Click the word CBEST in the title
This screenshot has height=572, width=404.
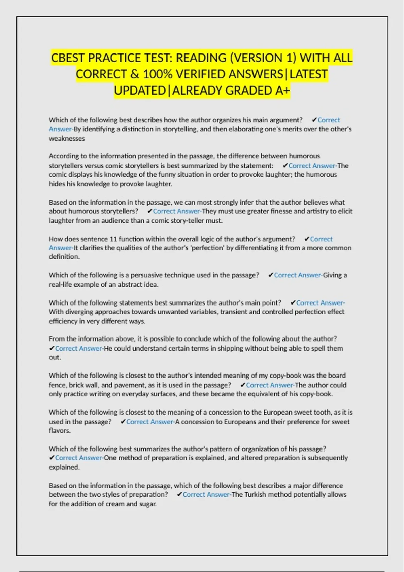[67, 58]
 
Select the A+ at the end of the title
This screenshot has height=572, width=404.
[282, 91]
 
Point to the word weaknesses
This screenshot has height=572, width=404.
[67, 138]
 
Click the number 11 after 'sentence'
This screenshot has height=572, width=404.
[113, 239]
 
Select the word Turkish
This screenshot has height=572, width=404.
[255, 494]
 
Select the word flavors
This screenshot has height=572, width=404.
[59, 431]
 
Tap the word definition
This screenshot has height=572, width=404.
[64, 257]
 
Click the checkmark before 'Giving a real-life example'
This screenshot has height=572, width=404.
[270, 275]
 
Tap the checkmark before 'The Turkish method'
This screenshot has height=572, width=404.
[179, 494]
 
